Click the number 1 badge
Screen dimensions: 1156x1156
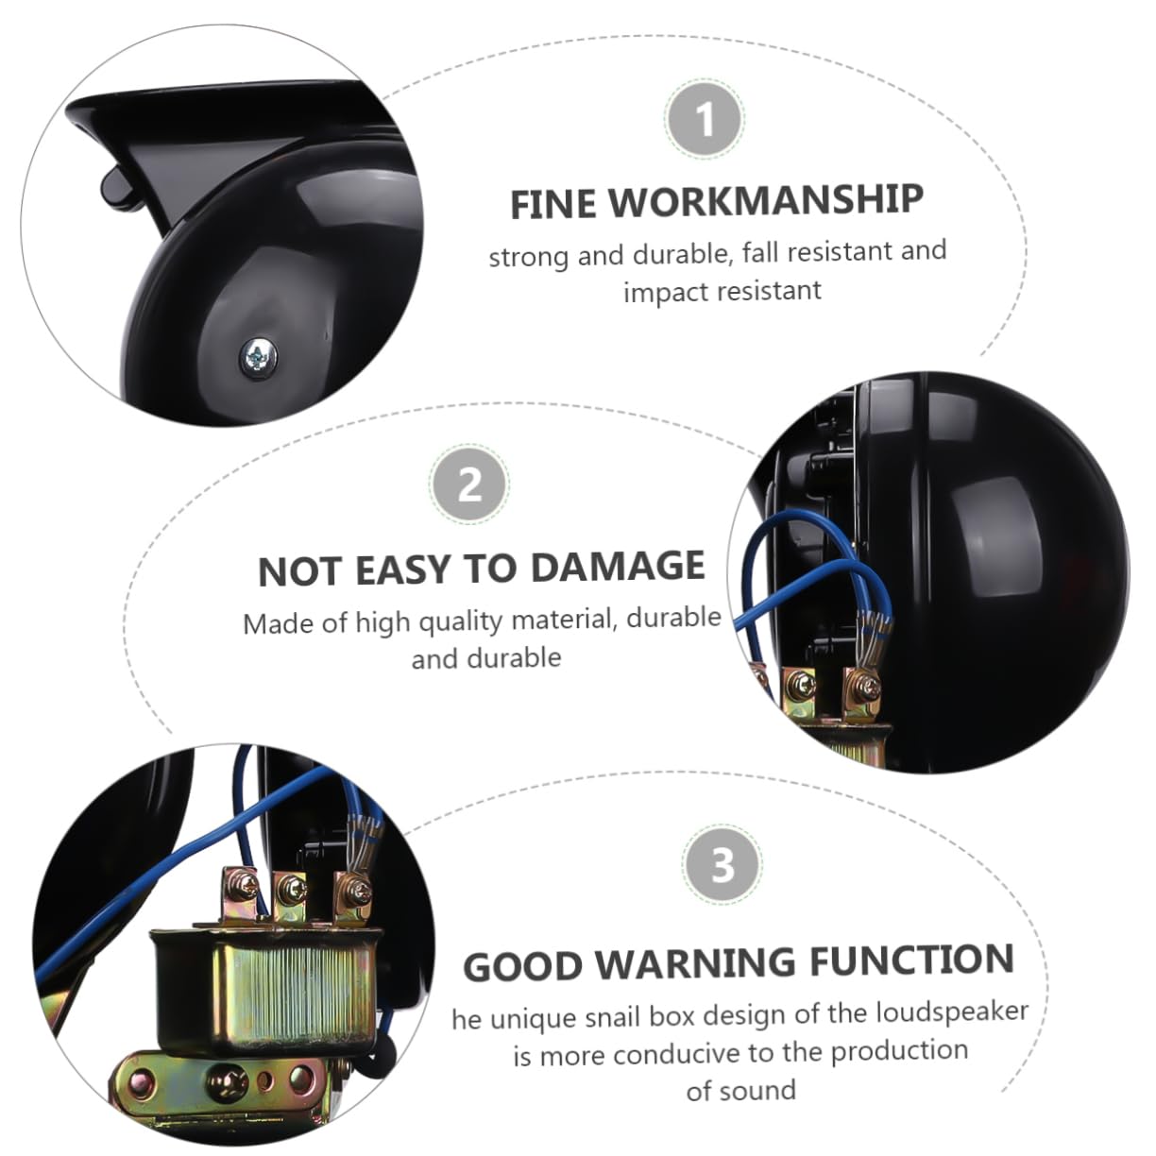pos(705,119)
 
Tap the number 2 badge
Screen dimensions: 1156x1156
pos(469,484)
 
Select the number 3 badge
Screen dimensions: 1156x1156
pos(722,864)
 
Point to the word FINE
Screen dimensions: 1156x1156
pos(552,204)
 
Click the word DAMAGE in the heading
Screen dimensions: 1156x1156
pos(618,567)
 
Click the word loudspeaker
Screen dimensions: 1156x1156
pos(953,1013)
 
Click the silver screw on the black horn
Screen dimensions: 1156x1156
pos(259,358)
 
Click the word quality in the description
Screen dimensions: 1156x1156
pos(460,622)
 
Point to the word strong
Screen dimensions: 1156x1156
pos(529,258)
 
